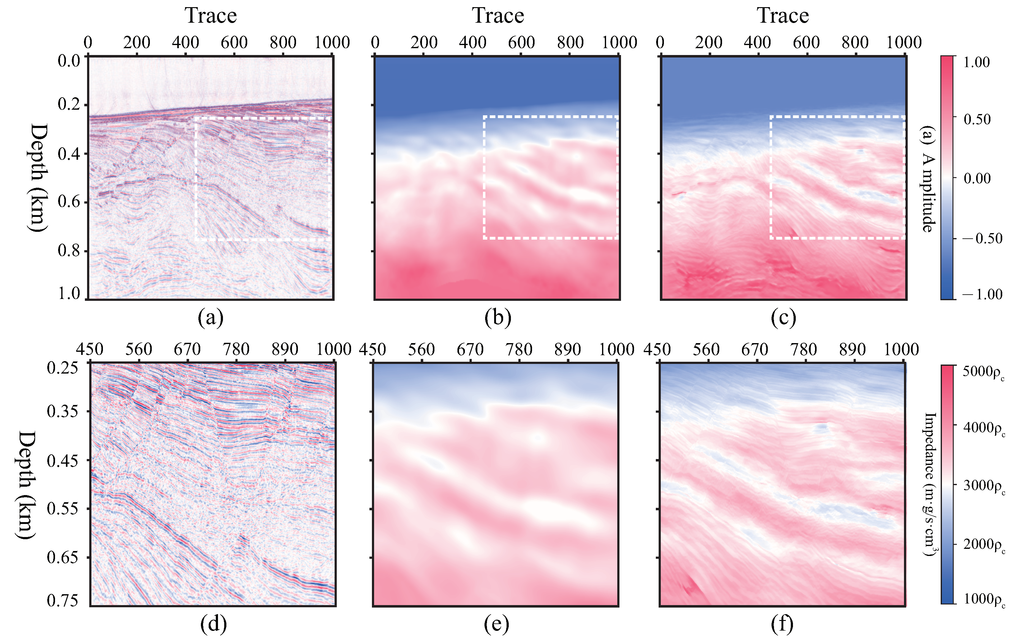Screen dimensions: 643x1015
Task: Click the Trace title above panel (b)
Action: pyautogui.click(x=498, y=16)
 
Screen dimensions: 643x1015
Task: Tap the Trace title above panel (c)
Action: pyautogui.click(x=783, y=16)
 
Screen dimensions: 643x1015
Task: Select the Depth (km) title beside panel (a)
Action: pyautogui.click(x=38, y=177)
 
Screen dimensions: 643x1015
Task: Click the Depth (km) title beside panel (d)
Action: pyautogui.click(x=26, y=485)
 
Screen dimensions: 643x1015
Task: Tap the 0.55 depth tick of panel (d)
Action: pyautogui.click(x=63, y=508)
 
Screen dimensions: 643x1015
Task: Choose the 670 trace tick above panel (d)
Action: pyautogui.click(x=187, y=349)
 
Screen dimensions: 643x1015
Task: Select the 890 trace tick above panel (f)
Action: pyautogui.click(x=852, y=349)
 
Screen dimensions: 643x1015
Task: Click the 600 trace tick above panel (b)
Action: pyautogui.click(x=521, y=43)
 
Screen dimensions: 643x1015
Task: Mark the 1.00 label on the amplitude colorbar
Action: pyautogui.click(x=977, y=62)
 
